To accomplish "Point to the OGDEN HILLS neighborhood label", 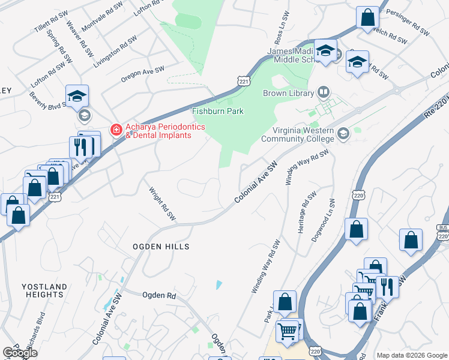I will point(161,247).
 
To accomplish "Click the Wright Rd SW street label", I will point(162,203).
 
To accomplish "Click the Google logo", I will point(20,352).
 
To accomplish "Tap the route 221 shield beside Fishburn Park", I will point(243,81).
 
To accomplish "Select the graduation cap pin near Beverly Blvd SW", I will point(77,96).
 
